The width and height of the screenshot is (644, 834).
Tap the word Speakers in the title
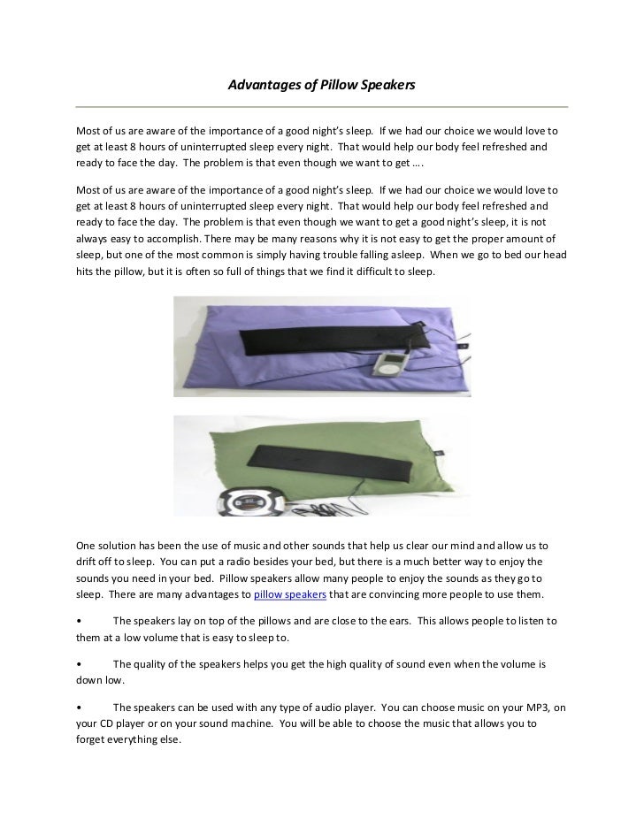[387, 87]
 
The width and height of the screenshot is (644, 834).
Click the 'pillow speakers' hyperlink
[289, 593]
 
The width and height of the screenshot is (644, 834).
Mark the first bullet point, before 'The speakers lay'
[80, 622]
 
